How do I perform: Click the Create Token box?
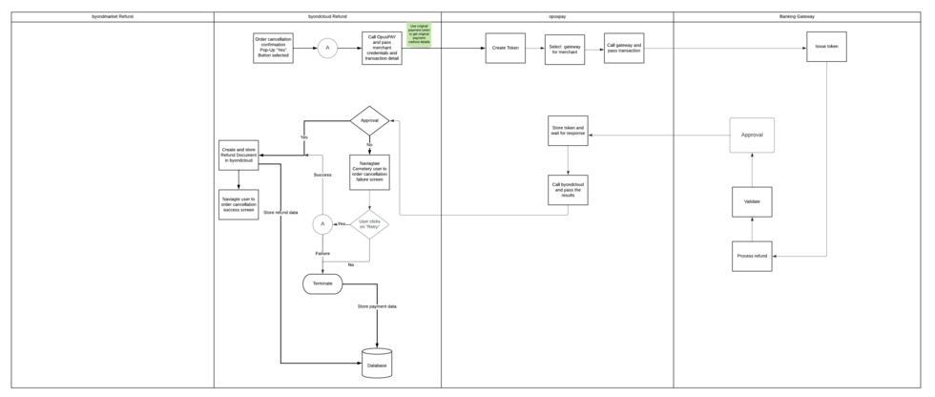click(x=505, y=48)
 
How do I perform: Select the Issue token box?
click(x=826, y=47)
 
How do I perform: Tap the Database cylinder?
click(x=377, y=364)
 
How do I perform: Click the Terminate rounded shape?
click(x=322, y=283)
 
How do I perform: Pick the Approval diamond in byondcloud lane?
click(x=370, y=121)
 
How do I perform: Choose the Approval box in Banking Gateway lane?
click(x=752, y=136)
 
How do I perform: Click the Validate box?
click(x=752, y=201)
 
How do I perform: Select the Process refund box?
click(x=752, y=257)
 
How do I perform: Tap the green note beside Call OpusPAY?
click(x=418, y=34)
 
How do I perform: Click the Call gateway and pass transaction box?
click(x=624, y=48)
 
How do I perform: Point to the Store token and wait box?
click(x=568, y=131)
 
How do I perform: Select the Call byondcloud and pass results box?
click(x=568, y=190)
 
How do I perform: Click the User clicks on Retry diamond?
click(x=369, y=224)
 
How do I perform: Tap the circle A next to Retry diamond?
click(x=322, y=224)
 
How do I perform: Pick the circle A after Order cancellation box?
click(x=327, y=48)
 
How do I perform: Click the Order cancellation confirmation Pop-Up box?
click(x=273, y=48)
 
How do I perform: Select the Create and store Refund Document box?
click(x=239, y=156)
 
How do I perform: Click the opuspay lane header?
click(x=557, y=17)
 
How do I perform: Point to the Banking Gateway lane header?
click(x=800, y=17)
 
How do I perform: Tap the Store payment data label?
click(x=377, y=306)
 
